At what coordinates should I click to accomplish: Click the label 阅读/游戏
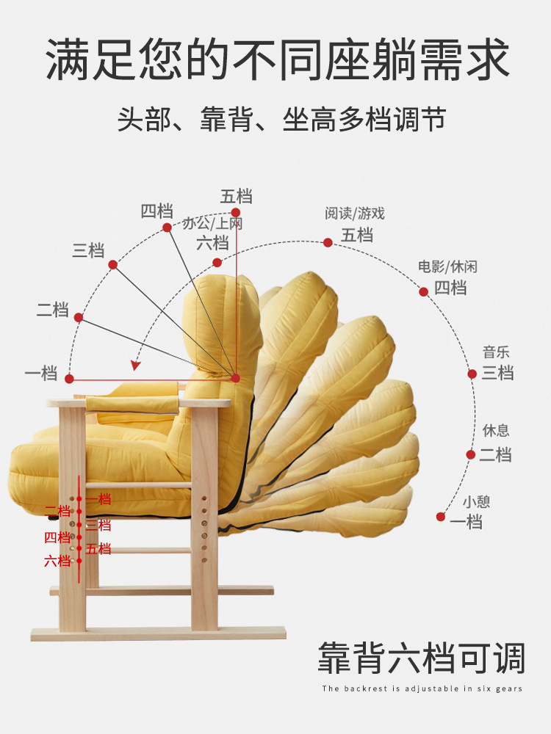[355, 214]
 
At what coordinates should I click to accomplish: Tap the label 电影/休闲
[447, 266]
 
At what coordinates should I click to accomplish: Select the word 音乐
[496, 352]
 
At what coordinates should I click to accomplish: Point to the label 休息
[496, 431]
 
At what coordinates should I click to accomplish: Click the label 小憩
[476, 502]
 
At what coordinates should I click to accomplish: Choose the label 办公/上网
[212, 224]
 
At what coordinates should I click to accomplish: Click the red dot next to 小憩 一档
[441, 517]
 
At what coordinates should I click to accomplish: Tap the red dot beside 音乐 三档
[472, 374]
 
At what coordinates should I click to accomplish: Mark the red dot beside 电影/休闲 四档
[424, 291]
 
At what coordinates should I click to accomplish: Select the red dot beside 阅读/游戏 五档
[328, 242]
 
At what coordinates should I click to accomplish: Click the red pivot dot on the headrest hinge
[236, 378]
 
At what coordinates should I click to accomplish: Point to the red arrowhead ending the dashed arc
[136, 364]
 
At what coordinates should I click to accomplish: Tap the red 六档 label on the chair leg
[57, 562]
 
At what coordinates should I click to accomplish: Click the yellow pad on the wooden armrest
[132, 403]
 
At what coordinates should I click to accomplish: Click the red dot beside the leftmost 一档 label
[70, 379]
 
